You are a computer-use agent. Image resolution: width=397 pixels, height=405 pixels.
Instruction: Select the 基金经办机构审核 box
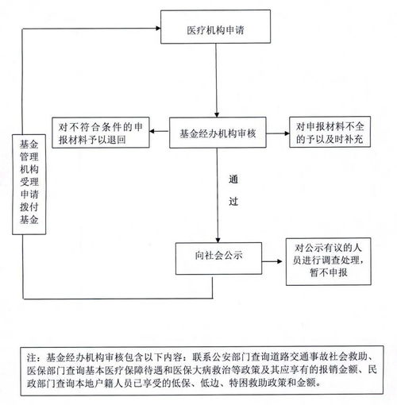pos(217,134)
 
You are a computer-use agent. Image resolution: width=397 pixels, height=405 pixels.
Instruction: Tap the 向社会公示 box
pos(217,256)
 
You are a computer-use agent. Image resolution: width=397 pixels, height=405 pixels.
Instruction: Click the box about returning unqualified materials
pos(101,133)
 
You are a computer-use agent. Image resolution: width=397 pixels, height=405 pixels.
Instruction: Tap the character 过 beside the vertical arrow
pos(232,202)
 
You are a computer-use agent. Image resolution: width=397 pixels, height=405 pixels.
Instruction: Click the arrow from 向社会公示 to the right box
pos(271,259)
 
